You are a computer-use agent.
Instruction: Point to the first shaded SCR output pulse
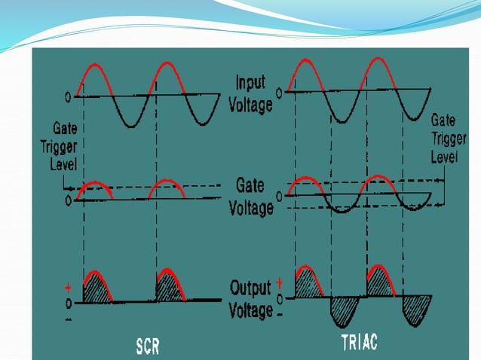click(97, 286)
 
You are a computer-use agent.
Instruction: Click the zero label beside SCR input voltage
click(68, 97)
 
